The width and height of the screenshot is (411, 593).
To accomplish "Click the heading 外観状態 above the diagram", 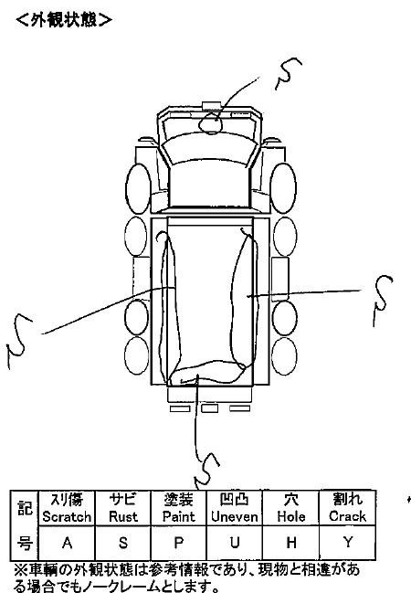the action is [x=64, y=20].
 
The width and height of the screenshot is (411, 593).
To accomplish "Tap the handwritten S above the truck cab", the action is [x=288, y=74].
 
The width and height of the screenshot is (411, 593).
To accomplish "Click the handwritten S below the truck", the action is [x=206, y=470].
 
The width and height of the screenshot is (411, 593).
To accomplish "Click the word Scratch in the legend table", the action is [x=67, y=516].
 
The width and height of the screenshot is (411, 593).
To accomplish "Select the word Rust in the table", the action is [x=123, y=516].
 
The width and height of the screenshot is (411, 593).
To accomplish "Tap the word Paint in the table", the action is [x=178, y=516].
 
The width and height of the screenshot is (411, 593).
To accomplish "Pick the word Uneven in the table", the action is [x=235, y=516].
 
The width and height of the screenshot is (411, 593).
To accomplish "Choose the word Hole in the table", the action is [x=291, y=516].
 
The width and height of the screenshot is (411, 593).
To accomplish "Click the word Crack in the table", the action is [x=347, y=516].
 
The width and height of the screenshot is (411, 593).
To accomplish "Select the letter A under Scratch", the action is [x=67, y=543].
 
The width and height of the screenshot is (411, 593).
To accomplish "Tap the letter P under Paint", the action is [x=178, y=543].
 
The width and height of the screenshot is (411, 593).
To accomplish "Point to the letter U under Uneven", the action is [x=235, y=543].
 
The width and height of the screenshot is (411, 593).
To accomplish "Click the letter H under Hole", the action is [x=291, y=543].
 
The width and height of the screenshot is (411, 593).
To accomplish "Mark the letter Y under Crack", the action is [x=347, y=543].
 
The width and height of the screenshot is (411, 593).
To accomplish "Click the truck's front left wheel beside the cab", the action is [x=139, y=188].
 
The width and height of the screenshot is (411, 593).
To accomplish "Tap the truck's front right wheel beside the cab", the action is [x=283, y=188].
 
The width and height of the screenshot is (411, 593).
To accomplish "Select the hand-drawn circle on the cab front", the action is [x=211, y=123].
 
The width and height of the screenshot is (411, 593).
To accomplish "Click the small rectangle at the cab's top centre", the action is [x=211, y=106].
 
